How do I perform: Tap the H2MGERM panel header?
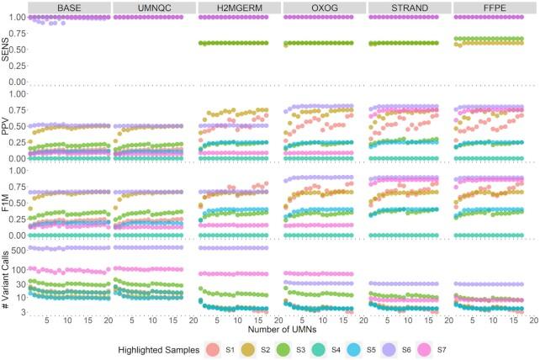point(237,8)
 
